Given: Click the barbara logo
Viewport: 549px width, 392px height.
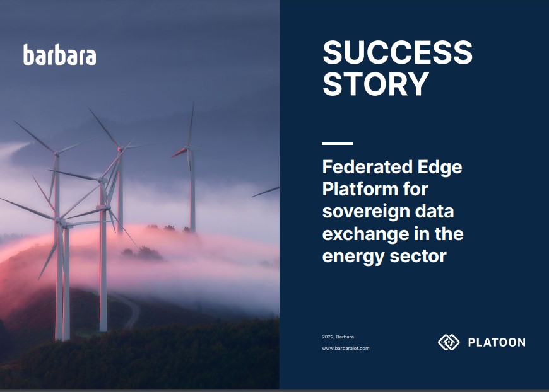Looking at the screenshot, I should pos(60,55).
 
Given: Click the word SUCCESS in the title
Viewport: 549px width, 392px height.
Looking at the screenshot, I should pos(397,53).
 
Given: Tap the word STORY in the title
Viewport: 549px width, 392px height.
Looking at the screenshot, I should pos(375,84).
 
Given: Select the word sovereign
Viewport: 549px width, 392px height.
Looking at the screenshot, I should pos(368,212).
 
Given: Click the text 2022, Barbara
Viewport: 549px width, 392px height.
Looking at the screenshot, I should pos(338,337).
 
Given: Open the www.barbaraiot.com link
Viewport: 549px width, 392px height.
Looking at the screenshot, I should pos(345,348).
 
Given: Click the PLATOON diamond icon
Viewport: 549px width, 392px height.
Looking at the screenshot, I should pos(448,342).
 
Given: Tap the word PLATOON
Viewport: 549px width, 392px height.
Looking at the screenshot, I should pos(496,342).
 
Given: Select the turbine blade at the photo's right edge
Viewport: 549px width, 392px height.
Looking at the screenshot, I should pos(266,191).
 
